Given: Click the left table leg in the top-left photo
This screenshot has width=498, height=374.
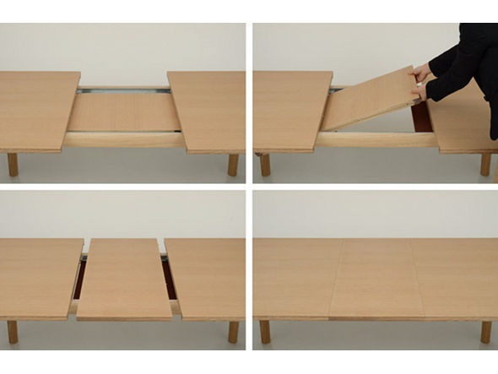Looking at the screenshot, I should (13, 164).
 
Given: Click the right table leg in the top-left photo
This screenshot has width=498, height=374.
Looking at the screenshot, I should (233, 165).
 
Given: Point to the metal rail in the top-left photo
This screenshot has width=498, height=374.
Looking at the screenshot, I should (124, 89).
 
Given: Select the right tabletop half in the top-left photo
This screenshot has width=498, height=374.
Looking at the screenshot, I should (208, 110).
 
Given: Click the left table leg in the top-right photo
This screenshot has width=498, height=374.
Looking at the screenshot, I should (265, 164).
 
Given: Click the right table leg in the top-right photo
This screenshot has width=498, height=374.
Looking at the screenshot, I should (485, 164).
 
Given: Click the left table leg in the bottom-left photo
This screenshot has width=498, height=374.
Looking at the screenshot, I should (13, 331).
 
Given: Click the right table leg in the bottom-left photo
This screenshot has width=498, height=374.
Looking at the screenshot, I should (233, 331).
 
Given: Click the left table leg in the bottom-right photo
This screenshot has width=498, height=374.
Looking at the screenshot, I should (265, 331).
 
